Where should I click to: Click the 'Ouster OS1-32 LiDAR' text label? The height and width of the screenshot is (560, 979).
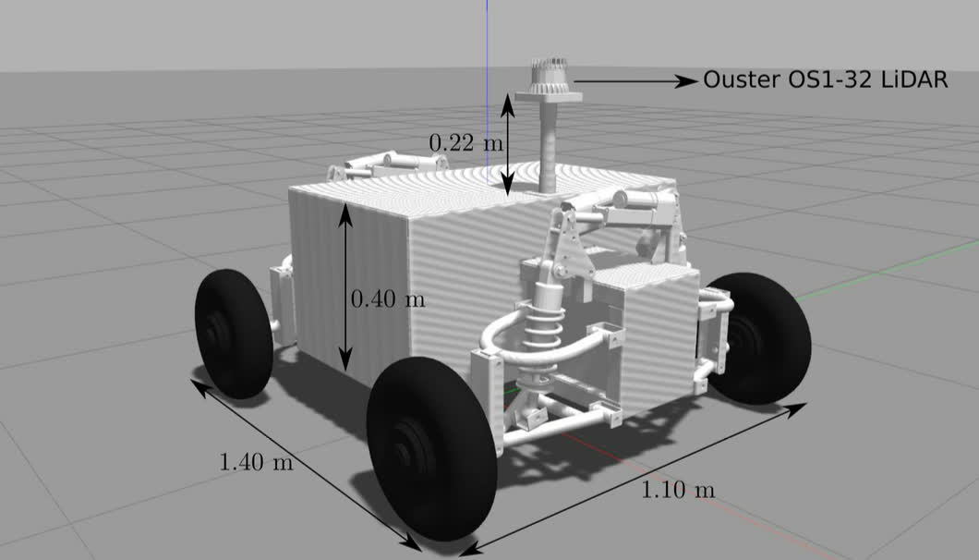[x=826, y=80]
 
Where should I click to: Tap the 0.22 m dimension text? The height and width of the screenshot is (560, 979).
[x=465, y=143]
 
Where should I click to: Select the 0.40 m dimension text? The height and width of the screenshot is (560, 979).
[x=388, y=299]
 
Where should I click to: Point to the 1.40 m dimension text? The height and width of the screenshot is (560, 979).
[x=256, y=462]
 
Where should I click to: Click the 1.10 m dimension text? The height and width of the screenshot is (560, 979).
[x=678, y=490]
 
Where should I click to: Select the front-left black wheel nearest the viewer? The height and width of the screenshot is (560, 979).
[x=431, y=449]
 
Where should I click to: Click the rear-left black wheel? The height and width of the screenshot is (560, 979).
[x=234, y=334]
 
